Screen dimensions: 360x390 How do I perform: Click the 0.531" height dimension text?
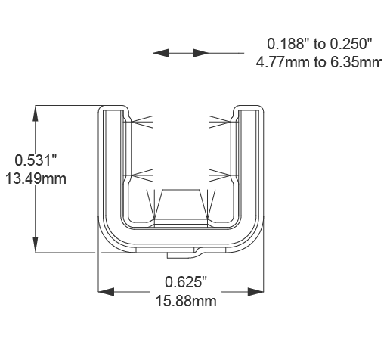pyautogui.click(x=36, y=160)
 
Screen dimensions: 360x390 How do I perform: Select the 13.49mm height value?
pyautogui.click(x=36, y=178)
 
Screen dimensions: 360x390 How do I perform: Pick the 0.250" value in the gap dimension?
pyautogui.click(x=354, y=43)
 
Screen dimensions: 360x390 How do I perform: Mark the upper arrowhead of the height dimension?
pyautogui.click(x=36, y=112)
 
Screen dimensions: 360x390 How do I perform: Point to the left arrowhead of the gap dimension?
pyautogui.click(x=159, y=54)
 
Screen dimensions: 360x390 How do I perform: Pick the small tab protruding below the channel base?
pyautogui.click(x=192, y=249)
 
